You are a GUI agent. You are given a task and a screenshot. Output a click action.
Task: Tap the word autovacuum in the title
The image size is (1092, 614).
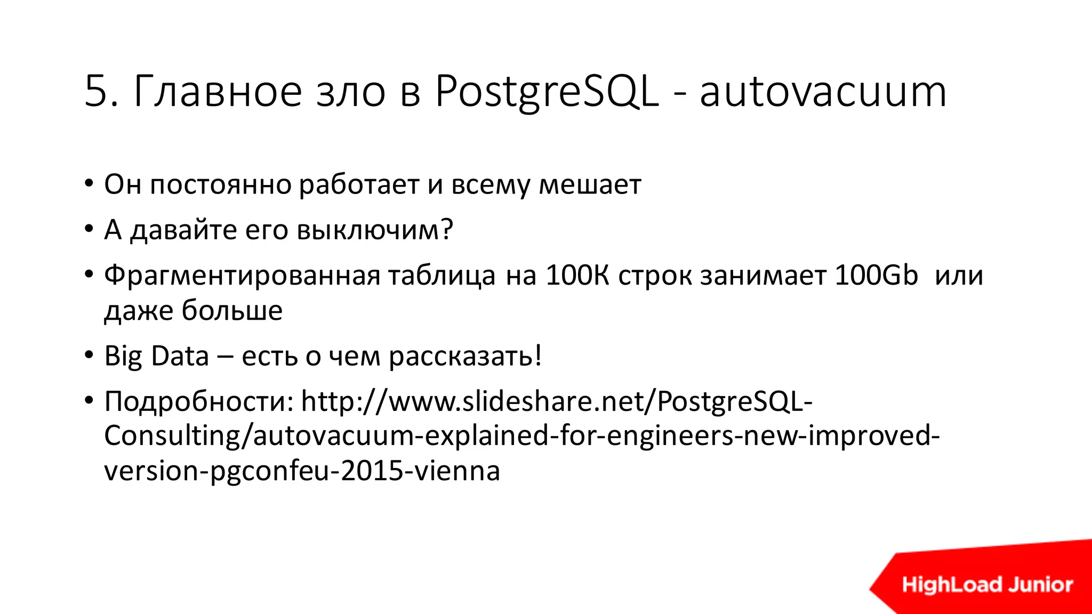[823, 92]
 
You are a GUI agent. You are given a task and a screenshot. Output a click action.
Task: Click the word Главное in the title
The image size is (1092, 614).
[218, 92]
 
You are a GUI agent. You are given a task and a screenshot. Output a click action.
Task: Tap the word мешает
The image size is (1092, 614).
[590, 185]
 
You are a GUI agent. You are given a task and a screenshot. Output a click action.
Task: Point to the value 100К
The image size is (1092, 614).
[577, 276]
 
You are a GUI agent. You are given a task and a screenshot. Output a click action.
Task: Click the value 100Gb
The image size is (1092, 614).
[876, 276]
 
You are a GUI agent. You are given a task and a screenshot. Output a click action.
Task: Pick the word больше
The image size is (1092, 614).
[232, 310]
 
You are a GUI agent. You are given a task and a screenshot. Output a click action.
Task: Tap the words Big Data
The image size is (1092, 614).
[156, 356]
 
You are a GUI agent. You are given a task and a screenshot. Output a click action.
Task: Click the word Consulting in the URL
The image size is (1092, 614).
[172, 437]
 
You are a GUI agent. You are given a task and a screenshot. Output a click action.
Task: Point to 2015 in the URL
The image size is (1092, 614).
[371, 471]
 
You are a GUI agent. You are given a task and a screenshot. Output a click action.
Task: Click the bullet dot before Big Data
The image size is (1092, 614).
[89, 355]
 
